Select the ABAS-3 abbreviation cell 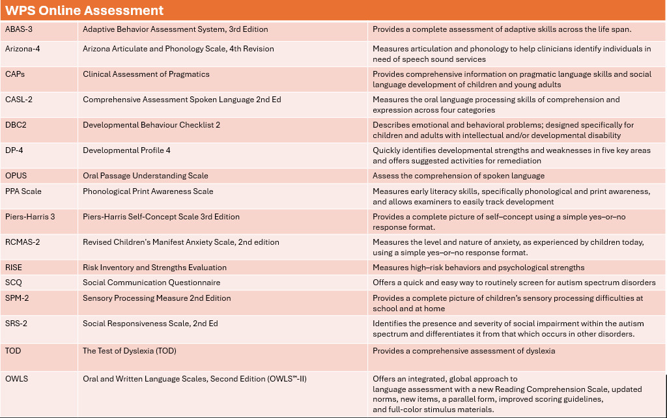tap(19, 29)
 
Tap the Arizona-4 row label tap(23, 49)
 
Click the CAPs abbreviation tap(15, 74)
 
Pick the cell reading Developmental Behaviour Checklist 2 tap(151, 125)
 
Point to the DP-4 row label tap(16, 150)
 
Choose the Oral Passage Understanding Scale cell tap(145, 176)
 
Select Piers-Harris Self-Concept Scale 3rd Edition tap(161, 217)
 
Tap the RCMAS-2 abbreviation tap(23, 242)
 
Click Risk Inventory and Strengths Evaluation tap(154, 268)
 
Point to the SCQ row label tap(14, 283)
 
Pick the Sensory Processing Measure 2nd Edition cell tap(156, 298)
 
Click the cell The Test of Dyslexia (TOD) tap(129, 351)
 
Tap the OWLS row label tap(17, 378)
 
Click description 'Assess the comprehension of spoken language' tap(458, 176)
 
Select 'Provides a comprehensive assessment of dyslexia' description tap(463, 351)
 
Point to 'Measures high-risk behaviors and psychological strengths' tap(478, 268)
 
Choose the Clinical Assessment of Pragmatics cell tap(146, 74)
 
